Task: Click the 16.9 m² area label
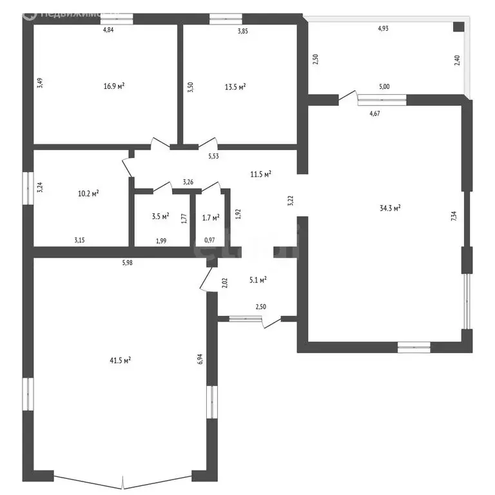coord(113,86)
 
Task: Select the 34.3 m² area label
coord(390,208)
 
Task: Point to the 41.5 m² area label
coord(121,360)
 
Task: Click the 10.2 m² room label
coord(88,193)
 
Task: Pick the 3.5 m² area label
coord(160,216)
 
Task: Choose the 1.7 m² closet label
coord(210,217)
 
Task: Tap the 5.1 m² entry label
coord(258,280)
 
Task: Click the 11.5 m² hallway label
coord(260,174)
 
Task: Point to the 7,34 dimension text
coord(454,217)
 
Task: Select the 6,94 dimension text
coord(200,359)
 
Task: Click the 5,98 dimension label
coord(133,262)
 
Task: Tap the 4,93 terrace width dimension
coord(383,28)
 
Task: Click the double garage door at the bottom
coord(122,481)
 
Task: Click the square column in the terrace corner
coord(458,26)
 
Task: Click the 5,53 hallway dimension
coord(213,156)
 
